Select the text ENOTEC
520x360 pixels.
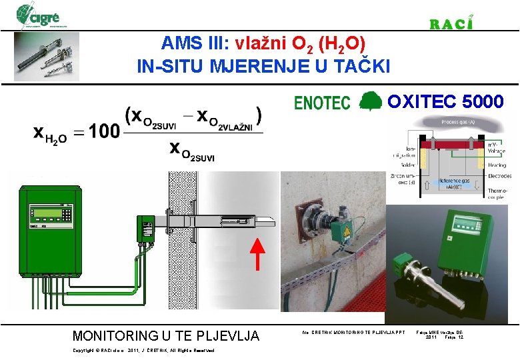[x=322, y=103]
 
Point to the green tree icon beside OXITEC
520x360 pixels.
[x=370, y=101]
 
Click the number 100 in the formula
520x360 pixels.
[x=104, y=131]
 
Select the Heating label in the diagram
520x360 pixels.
[x=496, y=165]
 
